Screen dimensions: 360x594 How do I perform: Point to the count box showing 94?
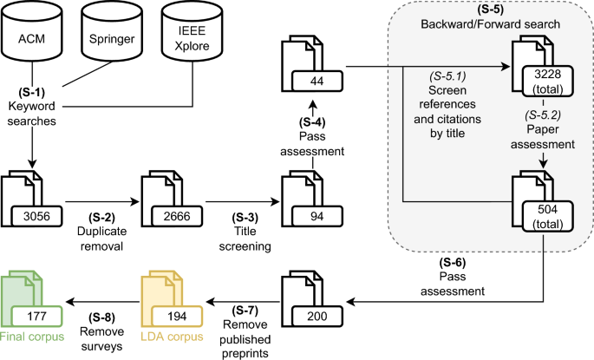coord(316,214)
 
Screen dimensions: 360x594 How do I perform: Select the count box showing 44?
coord(316,81)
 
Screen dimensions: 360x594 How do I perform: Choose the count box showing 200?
coord(316,318)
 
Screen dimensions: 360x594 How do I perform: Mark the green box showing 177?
coord(37,318)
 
